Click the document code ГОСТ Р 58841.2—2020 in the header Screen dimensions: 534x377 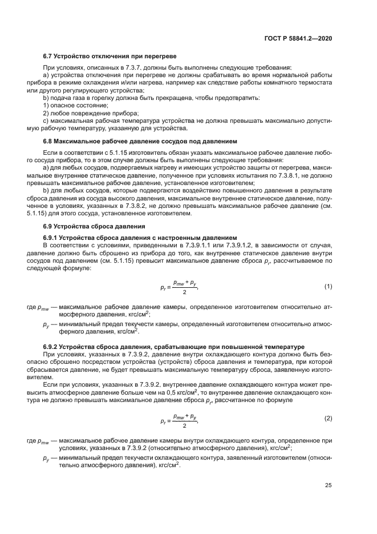pos(299,38)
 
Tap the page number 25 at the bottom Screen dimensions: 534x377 pos(328,485)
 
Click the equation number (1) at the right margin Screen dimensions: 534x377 pos(328,286)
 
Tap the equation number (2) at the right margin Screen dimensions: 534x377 pos(328,419)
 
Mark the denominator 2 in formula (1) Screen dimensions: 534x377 pos(184,292)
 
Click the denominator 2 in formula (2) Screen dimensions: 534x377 pos(184,425)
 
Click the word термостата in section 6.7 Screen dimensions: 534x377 pos(317,83)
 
